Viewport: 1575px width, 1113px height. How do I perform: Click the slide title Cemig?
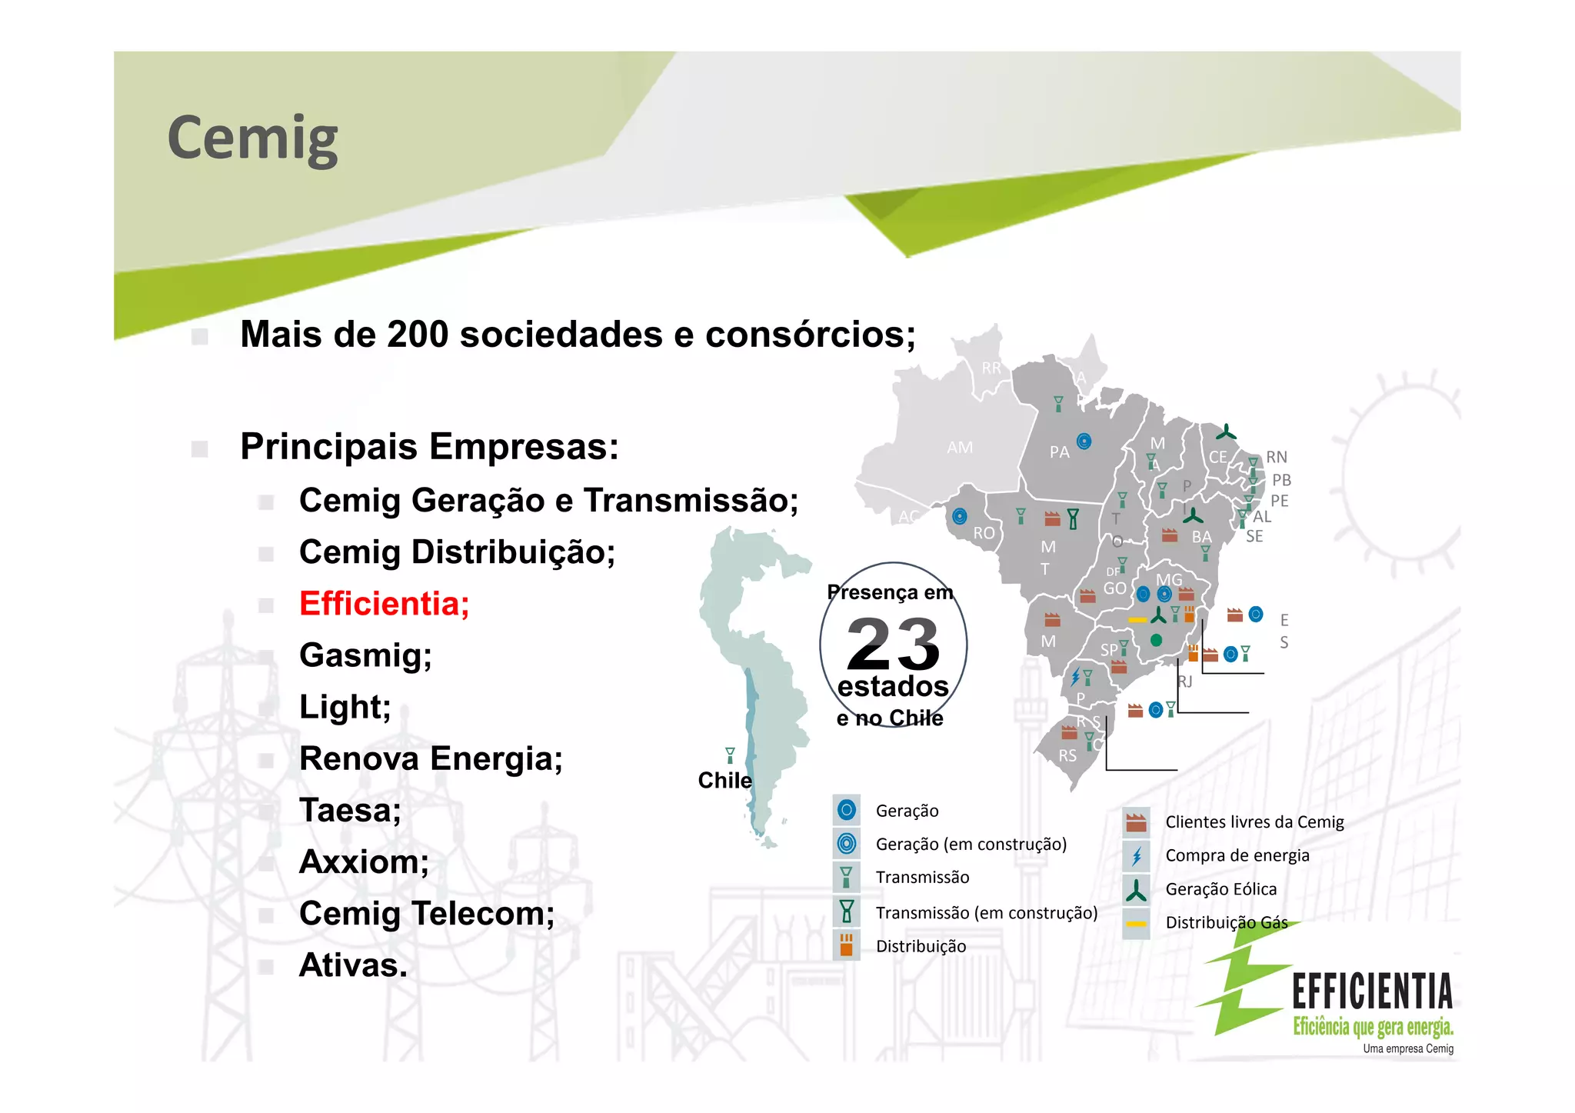click(x=252, y=138)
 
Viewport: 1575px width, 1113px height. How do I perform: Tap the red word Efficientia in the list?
click(x=384, y=604)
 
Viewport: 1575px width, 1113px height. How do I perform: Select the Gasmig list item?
click(x=365, y=655)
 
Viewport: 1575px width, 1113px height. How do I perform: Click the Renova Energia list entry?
click(x=431, y=759)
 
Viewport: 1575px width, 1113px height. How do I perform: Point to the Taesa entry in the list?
click(x=350, y=811)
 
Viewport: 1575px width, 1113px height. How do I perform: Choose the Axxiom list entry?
click(x=364, y=862)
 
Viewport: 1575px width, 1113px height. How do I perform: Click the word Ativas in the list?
click(x=353, y=965)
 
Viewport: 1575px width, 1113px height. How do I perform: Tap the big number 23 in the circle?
click(x=893, y=645)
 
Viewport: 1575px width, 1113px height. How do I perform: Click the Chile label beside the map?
click(x=724, y=781)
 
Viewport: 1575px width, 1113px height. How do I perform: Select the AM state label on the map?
click(x=960, y=447)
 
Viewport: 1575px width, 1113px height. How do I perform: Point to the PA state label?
click(x=1059, y=452)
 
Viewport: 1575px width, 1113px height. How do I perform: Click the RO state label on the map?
click(x=984, y=533)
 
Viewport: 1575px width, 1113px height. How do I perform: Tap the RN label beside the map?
click(x=1277, y=457)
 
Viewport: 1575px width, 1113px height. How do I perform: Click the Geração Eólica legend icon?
click(x=1136, y=890)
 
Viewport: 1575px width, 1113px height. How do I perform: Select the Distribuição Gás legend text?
click(x=1226, y=923)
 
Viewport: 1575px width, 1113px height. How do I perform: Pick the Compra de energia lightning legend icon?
click(x=1136, y=856)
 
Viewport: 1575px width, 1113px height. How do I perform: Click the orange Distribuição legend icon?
click(x=846, y=945)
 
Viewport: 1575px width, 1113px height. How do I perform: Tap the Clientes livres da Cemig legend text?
click(x=1254, y=822)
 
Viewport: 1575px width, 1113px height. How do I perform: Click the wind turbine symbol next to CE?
click(x=1226, y=433)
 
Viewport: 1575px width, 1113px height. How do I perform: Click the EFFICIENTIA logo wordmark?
click(x=1372, y=991)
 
